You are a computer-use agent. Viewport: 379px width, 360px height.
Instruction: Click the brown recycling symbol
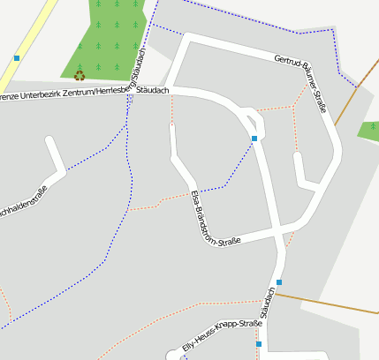[x=80, y=76]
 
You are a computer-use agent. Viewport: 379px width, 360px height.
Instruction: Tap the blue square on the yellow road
[x=17, y=58]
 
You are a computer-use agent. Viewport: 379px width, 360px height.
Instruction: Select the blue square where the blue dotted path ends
[x=254, y=139]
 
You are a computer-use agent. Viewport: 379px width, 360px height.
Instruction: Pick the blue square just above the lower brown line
[x=279, y=282]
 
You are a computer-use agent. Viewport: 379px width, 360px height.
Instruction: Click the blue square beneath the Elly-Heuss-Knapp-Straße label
[x=259, y=344]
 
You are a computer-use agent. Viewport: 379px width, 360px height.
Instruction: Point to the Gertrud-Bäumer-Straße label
[x=300, y=85]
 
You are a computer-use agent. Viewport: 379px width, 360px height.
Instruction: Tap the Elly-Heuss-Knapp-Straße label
[x=222, y=336]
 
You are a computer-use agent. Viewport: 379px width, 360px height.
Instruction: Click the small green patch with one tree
[x=369, y=131]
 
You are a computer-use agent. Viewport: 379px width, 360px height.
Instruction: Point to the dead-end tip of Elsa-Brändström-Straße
[x=172, y=126]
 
